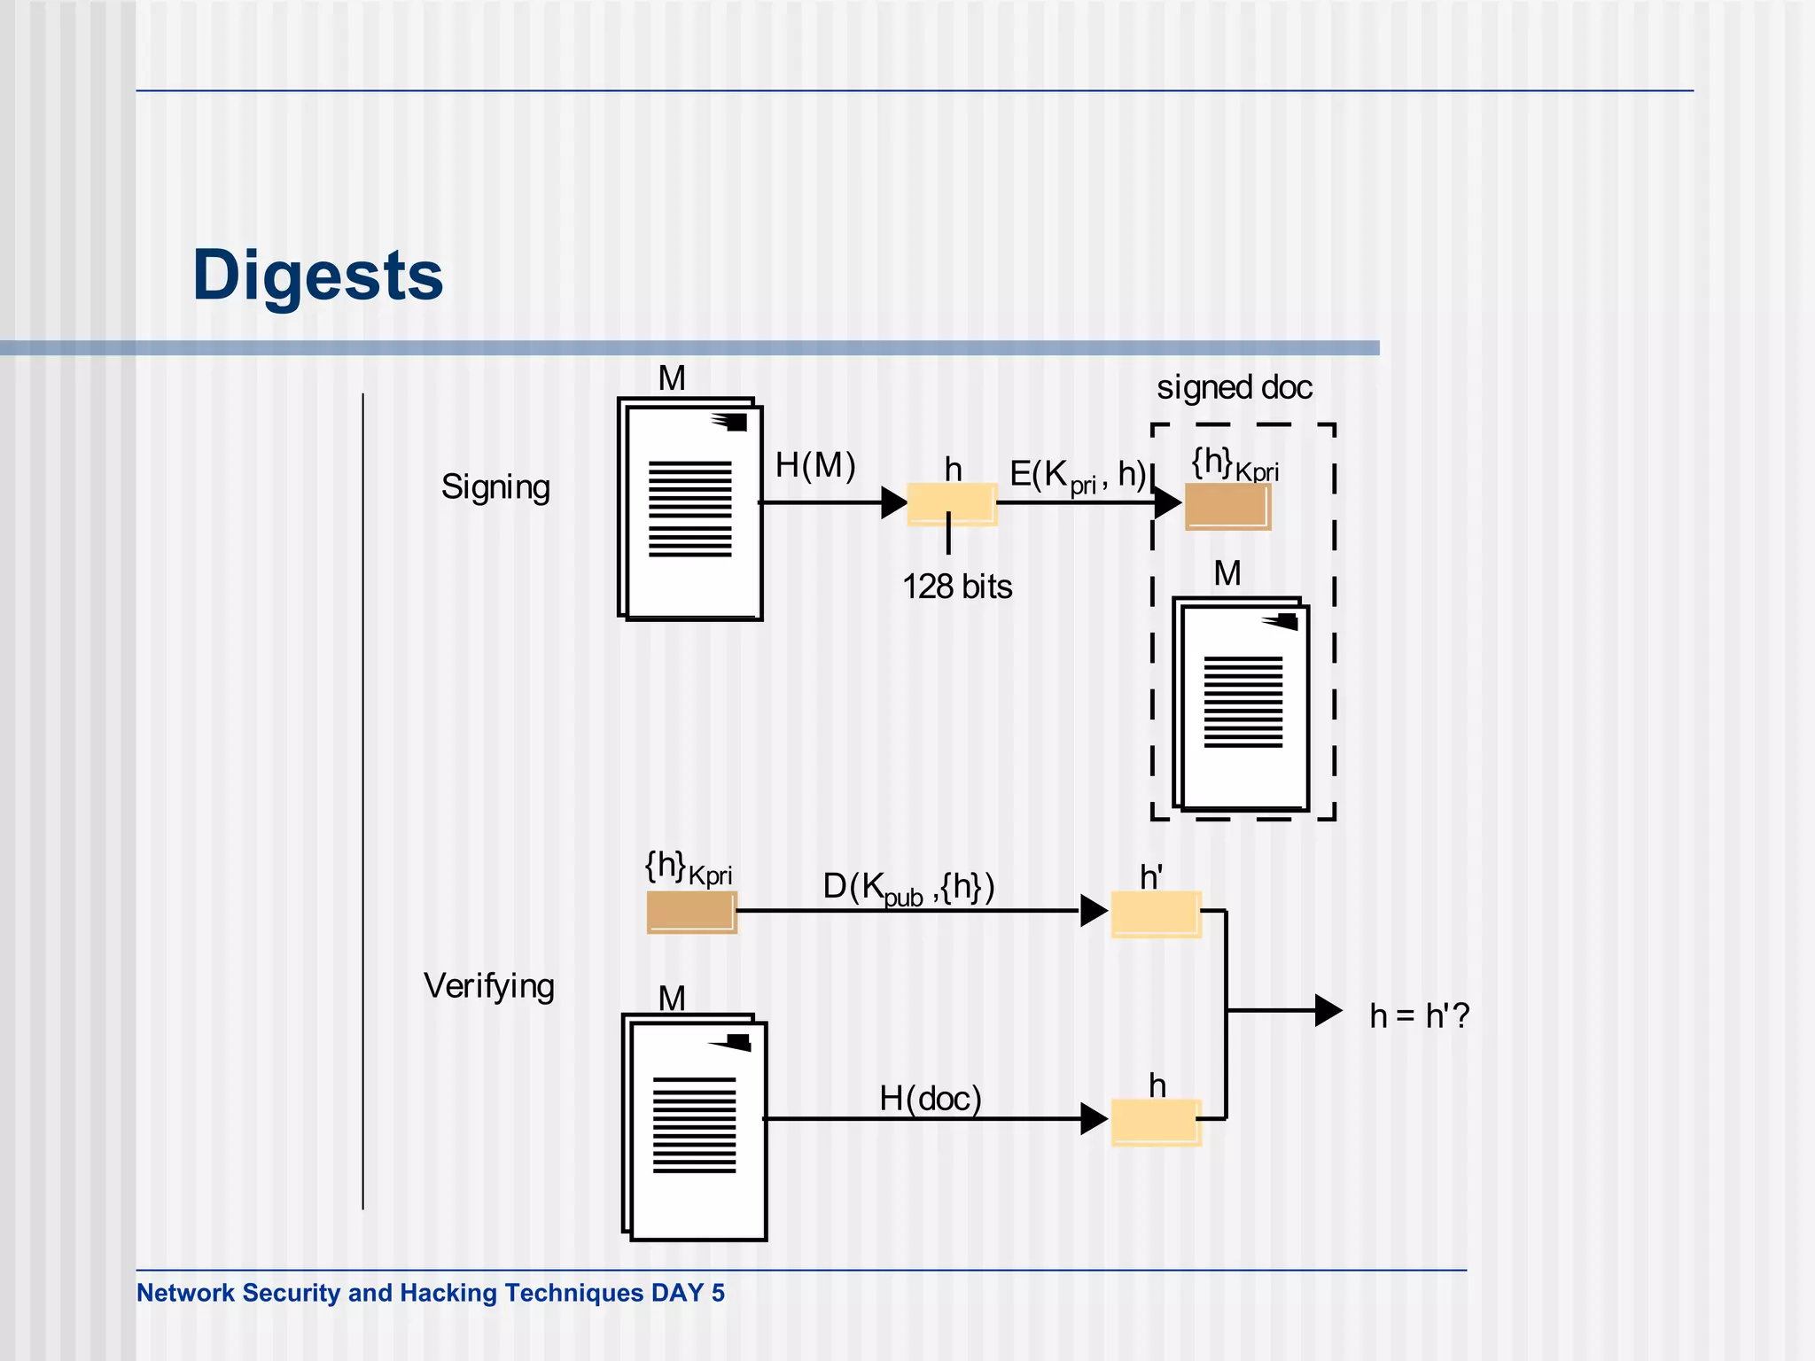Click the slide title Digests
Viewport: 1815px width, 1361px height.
317,276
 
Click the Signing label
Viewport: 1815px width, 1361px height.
495,486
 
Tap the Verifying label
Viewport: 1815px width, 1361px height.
489,985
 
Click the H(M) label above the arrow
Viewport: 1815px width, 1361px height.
815,465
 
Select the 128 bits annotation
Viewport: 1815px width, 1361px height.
957,587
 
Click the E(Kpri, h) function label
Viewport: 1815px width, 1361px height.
1078,475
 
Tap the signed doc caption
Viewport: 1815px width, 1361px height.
1234,387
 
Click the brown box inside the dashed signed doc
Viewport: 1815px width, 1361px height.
1227,506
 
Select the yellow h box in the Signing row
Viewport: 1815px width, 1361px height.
952,503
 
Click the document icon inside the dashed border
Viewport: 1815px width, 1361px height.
1241,704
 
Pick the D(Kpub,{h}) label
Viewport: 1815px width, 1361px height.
908,887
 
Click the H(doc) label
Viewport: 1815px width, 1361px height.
931,1099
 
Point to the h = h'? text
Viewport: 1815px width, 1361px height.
1419,1015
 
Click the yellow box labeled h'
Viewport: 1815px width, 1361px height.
1156,914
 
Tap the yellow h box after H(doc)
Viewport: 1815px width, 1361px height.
1156,1122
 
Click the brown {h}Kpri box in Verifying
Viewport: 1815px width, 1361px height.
691,912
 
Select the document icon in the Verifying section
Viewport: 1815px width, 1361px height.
695,1127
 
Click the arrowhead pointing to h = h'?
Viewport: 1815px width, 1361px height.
1328,1010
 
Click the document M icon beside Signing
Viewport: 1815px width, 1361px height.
690,509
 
